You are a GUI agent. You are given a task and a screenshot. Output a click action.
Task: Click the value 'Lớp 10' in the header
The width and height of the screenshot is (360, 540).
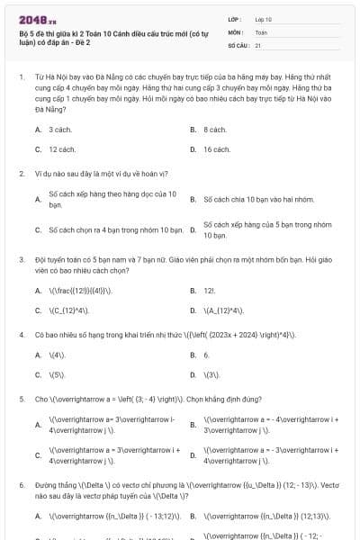pos(264,19)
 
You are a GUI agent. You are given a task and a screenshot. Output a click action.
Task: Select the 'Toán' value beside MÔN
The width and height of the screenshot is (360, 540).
pos(261,31)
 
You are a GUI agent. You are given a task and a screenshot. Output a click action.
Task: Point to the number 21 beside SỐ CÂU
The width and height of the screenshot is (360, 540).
pos(258,44)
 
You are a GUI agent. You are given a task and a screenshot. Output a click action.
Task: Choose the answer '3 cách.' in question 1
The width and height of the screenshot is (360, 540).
pos(60,130)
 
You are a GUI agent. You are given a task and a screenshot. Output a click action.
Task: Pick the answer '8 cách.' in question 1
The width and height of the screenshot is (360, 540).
pos(215,130)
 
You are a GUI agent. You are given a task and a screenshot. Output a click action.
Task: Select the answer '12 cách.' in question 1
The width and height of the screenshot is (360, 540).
pos(62,149)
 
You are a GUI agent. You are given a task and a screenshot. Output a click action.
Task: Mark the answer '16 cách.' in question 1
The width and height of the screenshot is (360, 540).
pos(217,149)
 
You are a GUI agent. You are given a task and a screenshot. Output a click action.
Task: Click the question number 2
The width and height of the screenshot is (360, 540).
pos(21,173)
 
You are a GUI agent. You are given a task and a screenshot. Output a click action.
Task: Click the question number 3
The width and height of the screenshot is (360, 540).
pos(21,258)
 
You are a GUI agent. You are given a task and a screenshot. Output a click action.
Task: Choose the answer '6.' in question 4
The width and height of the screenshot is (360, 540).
pos(206,355)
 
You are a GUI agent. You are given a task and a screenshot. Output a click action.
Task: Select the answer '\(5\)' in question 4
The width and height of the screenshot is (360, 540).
pos(57,374)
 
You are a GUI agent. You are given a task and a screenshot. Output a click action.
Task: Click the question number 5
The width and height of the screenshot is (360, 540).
pos(21,398)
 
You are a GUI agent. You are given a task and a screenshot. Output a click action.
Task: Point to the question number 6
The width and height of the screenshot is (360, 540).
pos(21,484)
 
